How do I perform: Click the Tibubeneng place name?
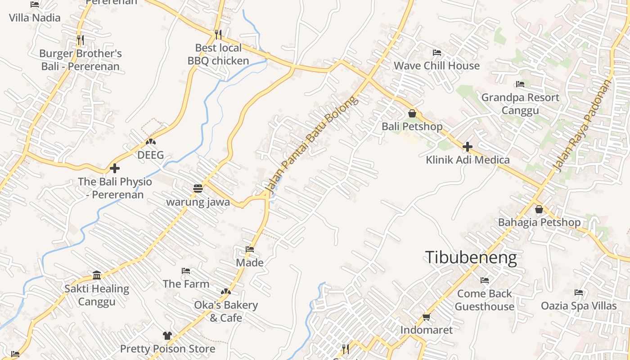pyautogui.click(x=471, y=257)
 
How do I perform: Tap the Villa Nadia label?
pyautogui.click(x=35, y=18)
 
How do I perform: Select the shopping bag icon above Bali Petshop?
pyautogui.click(x=412, y=113)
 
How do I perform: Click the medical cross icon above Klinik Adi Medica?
pyautogui.click(x=468, y=147)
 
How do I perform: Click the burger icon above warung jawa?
pyautogui.click(x=198, y=189)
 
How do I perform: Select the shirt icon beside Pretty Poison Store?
pyautogui.click(x=167, y=335)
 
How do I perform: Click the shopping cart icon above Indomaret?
pyautogui.click(x=426, y=317)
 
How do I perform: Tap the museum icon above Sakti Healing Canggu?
pyautogui.click(x=97, y=275)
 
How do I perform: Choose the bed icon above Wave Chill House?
pyautogui.click(x=436, y=53)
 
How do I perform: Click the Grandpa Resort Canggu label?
pyautogui.click(x=520, y=104)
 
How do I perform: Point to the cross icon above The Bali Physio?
pyautogui.click(x=115, y=169)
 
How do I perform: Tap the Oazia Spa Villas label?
pyautogui.click(x=579, y=306)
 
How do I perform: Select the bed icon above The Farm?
pyautogui.click(x=185, y=271)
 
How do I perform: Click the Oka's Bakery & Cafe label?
pyautogui.click(x=226, y=311)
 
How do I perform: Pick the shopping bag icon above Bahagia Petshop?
pyautogui.click(x=539, y=209)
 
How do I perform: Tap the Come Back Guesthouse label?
pyautogui.click(x=484, y=300)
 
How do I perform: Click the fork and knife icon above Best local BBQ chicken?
pyautogui.click(x=218, y=34)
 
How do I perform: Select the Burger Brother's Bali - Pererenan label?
pyautogui.click(x=81, y=60)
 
